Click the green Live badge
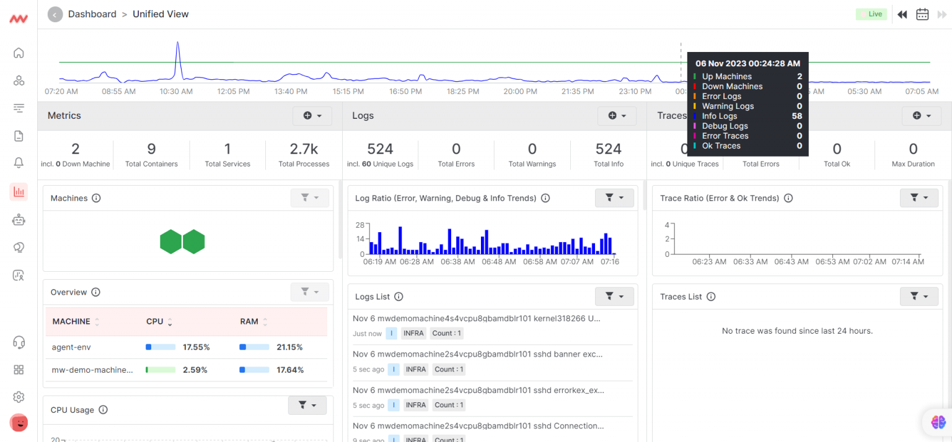(871, 14)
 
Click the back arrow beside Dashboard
(55, 14)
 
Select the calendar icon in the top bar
(922, 14)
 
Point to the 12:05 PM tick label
(234, 92)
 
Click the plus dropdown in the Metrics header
(312, 116)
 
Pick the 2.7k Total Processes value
(304, 149)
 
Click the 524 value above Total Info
(608, 149)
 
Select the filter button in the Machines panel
(309, 198)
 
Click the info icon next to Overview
(95, 292)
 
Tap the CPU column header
(155, 322)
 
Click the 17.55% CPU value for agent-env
(196, 347)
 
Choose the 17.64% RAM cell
(289, 370)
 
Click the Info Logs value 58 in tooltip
(796, 116)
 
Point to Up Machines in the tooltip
(726, 77)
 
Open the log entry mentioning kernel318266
(476, 319)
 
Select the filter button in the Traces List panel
(919, 297)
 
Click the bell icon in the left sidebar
(19, 163)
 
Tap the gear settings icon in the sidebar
(19, 397)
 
